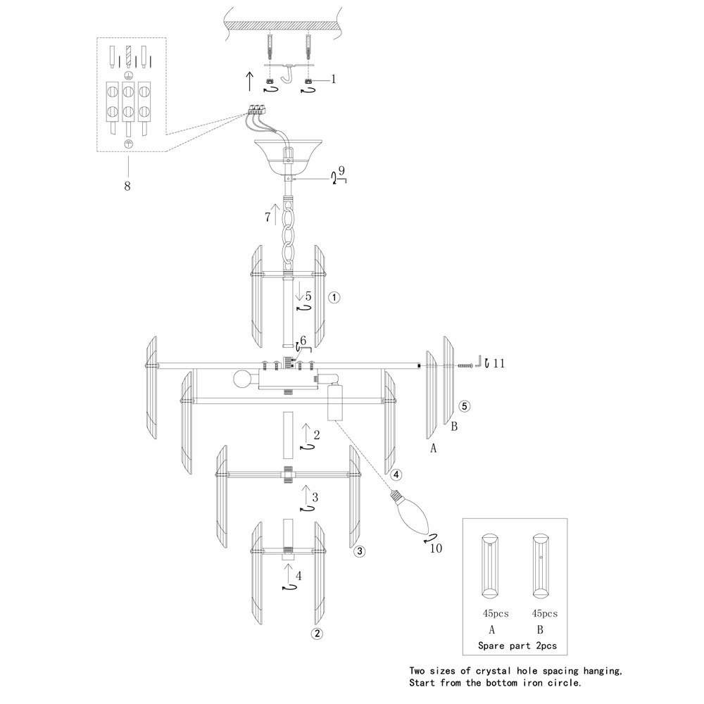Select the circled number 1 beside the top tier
tap(335, 297)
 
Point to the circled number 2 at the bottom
tap(318, 633)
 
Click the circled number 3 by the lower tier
tap(359, 551)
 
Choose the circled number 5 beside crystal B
tap(464, 406)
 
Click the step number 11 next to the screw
tap(499, 363)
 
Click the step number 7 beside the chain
tap(268, 218)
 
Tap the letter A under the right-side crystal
tap(434, 448)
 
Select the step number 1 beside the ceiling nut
tap(334, 79)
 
